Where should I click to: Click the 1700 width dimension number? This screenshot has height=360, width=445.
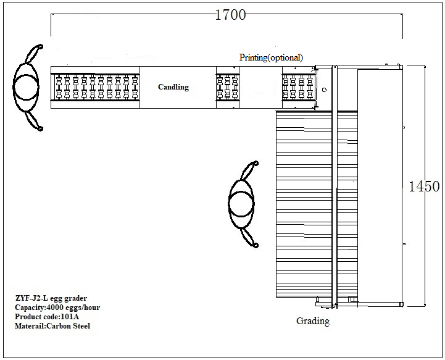(x=230, y=15)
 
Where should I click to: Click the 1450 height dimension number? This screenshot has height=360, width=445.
(x=424, y=186)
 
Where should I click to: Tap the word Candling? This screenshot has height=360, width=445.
(x=173, y=87)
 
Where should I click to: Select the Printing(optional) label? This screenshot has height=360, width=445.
(x=271, y=57)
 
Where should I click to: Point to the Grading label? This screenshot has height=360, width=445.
(x=313, y=321)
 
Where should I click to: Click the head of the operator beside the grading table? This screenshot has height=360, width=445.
(x=241, y=204)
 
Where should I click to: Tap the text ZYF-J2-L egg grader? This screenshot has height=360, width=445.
(x=51, y=298)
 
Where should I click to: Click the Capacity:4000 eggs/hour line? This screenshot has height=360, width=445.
(x=57, y=307)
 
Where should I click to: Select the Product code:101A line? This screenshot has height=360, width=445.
(x=47, y=316)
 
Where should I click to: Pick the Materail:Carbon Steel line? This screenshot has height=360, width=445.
(x=52, y=325)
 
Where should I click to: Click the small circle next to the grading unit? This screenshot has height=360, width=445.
(x=325, y=90)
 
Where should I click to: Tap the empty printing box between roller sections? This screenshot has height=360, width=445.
(x=261, y=87)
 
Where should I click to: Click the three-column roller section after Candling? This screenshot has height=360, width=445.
(x=228, y=87)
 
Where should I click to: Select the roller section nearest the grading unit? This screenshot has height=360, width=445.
(x=298, y=87)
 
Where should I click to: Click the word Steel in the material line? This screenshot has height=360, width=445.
(x=81, y=325)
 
